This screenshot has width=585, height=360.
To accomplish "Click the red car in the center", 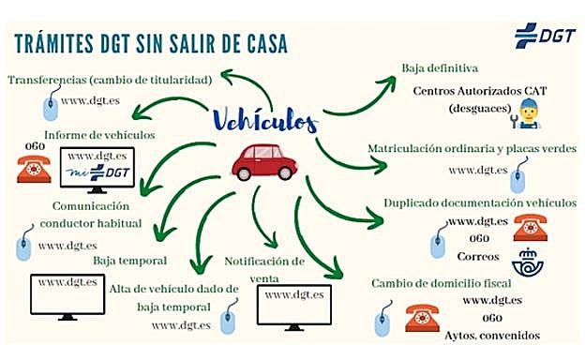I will tap(264, 162).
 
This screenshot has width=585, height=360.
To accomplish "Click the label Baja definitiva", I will tap(441, 68).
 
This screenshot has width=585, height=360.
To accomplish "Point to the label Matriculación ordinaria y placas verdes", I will tap(472, 148).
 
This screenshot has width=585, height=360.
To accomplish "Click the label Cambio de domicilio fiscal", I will tap(440, 282).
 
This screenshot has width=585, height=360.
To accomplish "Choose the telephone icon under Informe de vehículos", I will tap(35, 170).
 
